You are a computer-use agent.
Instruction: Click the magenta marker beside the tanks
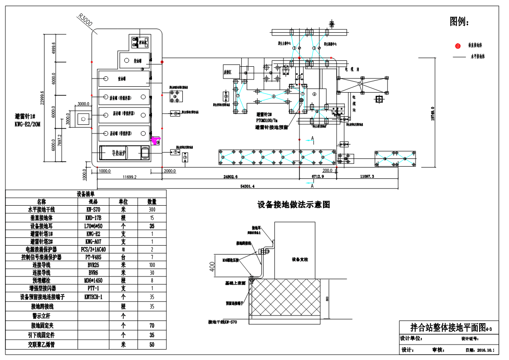(156, 141)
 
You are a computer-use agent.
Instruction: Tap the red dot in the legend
(458, 45)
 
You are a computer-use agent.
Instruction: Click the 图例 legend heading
(459, 21)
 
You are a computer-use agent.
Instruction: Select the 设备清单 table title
(85, 194)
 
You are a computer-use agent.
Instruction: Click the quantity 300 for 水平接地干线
(152, 209)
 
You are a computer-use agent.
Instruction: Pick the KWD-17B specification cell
(96, 217)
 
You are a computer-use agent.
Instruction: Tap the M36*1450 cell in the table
(96, 281)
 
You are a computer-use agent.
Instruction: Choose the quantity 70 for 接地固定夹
(152, 325)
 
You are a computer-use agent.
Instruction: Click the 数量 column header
(152, 202)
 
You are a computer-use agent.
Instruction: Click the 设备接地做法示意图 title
(294, 205)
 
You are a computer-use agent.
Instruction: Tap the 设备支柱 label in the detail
(299, 259)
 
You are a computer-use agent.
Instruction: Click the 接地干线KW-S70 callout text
(222, 322)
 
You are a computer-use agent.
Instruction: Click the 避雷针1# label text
(27, 117)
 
